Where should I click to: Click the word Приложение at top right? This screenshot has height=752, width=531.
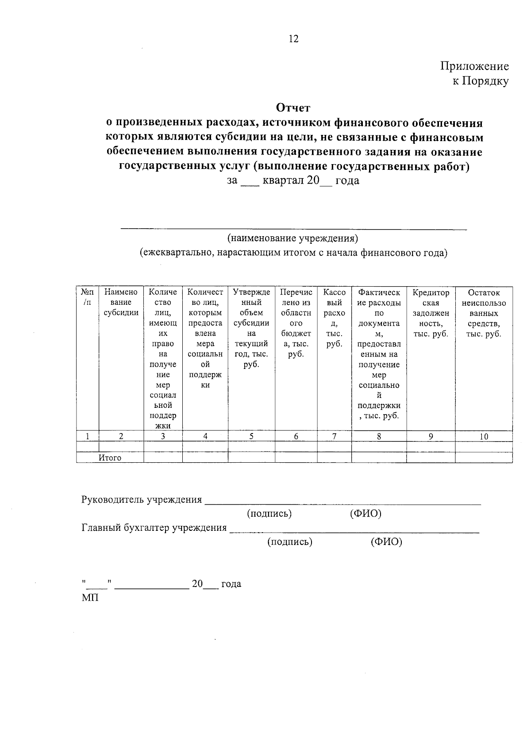(474, 66)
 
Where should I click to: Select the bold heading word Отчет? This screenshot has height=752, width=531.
(293, 107)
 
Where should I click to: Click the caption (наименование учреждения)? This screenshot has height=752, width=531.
(292, 238)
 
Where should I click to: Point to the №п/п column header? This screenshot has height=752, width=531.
(87, 297)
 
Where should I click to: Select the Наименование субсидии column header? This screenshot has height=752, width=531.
(121, 303)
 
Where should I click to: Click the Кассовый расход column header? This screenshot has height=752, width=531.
(335, 318)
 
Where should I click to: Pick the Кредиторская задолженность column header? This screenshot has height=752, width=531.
(431, 313)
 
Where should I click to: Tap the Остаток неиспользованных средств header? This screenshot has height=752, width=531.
(484, 313)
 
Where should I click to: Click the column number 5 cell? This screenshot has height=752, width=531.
(251, 436)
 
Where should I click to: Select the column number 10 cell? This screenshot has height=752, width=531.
(484, 437)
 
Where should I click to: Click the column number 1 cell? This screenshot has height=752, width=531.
(88, 436)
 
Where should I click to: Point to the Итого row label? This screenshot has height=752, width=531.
(110, 458)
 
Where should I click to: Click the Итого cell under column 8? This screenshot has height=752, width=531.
(379, 457)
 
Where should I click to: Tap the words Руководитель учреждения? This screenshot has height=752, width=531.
(142, 499)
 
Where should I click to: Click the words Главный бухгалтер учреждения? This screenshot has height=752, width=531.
(154, 528)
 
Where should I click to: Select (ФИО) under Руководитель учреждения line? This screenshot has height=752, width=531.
(366, 514)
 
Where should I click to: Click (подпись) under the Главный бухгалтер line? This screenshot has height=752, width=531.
(290, 541)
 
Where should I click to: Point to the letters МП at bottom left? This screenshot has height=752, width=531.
(90, 598)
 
